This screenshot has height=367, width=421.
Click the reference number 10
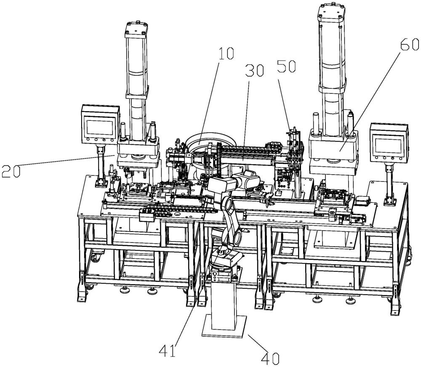coord(226,54)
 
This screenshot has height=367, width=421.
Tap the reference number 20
coord(11,171)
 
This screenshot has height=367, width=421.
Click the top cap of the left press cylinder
coord(137,29)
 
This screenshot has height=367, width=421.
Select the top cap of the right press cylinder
coord(331,12)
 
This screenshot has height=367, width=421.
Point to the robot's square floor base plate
coord(224,326)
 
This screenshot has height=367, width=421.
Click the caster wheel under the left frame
coord(96,257)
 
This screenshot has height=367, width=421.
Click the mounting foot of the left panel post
coord(101,183)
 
